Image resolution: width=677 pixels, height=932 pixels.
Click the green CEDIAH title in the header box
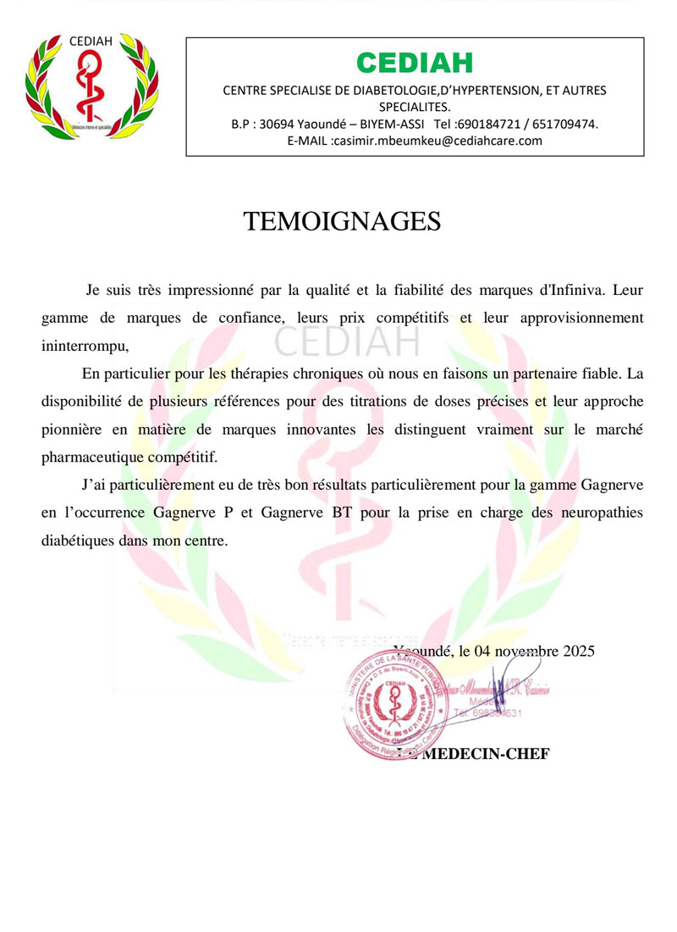coord(415,62)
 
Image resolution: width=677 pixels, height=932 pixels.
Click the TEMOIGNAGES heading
coord(342,221)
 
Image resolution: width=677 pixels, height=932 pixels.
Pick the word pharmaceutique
coord(91,457)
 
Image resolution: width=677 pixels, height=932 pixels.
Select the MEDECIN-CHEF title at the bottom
coord(485,754)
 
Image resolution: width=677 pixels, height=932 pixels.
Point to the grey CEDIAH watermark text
coord(347,341)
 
